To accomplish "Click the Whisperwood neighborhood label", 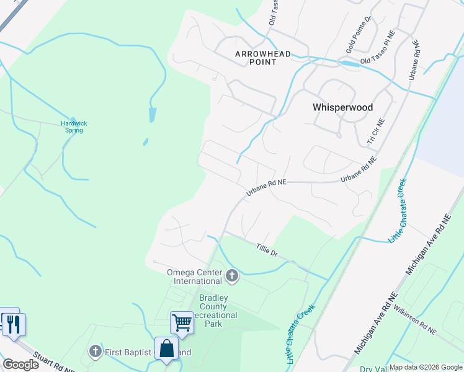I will pos(342,107).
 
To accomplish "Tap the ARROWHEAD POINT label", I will pos(263,58).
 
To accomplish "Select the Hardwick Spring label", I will pos(74,126).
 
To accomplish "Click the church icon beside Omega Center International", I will pos(232,275).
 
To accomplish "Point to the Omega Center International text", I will pos(194,277).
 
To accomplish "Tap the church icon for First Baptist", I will pos(95,352).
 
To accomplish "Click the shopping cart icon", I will pos(182,322).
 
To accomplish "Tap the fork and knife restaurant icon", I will pos(13,324).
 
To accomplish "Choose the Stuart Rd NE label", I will pos(53,363).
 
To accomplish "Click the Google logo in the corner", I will pos(20,365).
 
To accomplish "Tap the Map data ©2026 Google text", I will pos(426,367).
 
